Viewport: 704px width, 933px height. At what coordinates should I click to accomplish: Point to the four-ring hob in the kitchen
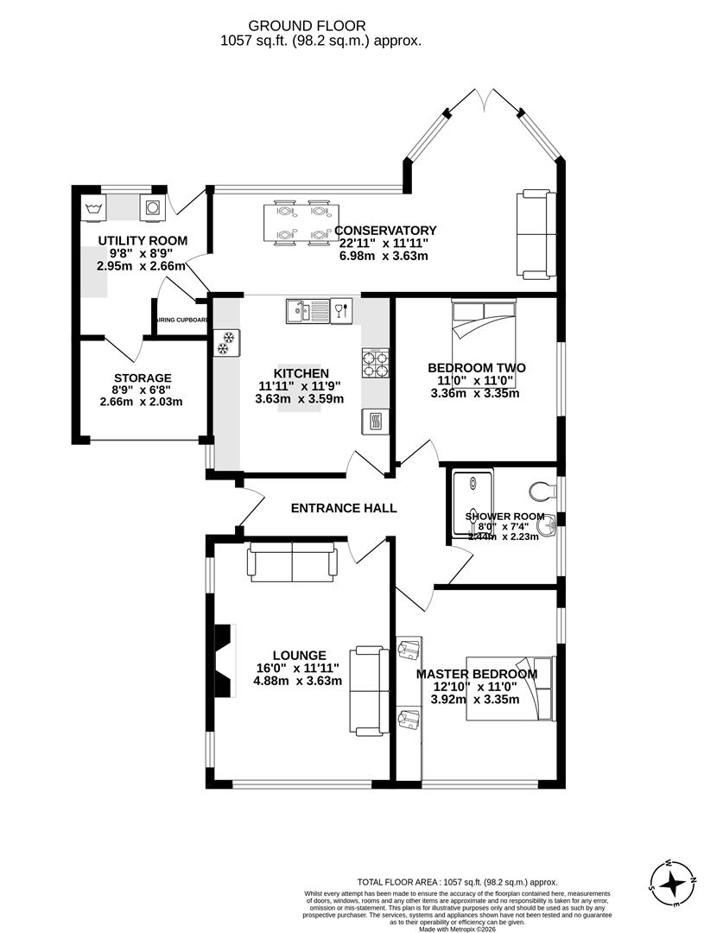[x=375, y=364]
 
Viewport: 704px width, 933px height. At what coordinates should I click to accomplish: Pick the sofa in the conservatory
[x=535, y=234]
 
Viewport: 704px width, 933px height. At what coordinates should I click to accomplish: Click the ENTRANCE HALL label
[x=344, y=508]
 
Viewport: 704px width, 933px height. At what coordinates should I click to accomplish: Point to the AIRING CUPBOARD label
[x=181, y=320]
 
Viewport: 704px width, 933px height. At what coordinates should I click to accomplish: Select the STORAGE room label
[x=143, y=378]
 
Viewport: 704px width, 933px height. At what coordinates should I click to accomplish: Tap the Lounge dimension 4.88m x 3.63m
[x=297, y=680]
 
